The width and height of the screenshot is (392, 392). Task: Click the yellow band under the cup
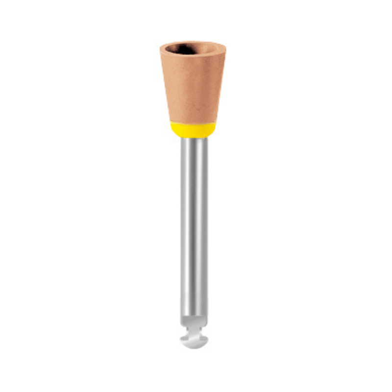193,129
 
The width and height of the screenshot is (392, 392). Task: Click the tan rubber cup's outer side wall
193,88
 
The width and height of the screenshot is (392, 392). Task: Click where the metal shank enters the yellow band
194,137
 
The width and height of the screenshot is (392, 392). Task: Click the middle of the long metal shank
194,225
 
